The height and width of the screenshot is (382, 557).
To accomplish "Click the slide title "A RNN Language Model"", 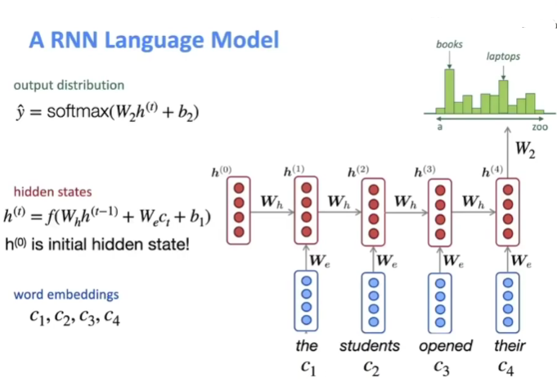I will [154, 39].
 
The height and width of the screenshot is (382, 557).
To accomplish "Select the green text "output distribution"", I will [69, 85].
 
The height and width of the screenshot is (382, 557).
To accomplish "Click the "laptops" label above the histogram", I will [503, 57].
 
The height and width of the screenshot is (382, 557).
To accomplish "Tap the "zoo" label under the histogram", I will [540, 128].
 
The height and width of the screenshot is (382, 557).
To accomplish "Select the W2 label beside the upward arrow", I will [525, 151].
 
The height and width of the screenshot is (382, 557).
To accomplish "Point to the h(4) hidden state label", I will [492, 171].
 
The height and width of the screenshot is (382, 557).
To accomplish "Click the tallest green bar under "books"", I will [448, 91].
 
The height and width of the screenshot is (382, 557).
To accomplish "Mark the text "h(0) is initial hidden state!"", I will [96, 243].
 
